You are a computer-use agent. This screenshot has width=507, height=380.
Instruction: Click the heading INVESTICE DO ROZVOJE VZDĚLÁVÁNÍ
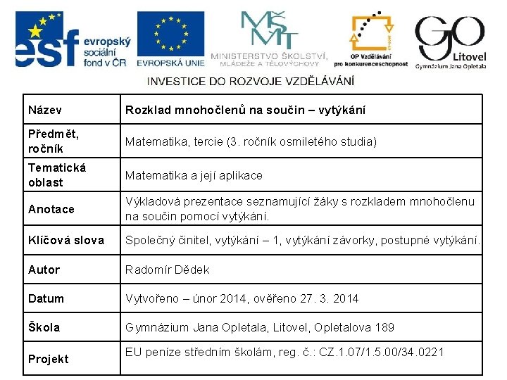pyautogui.click(x=251, y=81)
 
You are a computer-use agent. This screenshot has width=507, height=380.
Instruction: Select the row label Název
pyautogui.click(x=45, y=110)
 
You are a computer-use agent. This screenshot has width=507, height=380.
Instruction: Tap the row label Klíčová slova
pyautogui.click(x=65, y=241)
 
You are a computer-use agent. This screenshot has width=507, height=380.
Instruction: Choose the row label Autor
pyautogui.click(x=44, y=270)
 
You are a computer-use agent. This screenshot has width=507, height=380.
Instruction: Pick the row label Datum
pyautogui.click(x=46, y=298)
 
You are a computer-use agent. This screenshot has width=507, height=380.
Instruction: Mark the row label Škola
pyautogui.click(x=44, y=327)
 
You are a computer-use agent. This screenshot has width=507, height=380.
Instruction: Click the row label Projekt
pyautogui.click(x=48, y=359)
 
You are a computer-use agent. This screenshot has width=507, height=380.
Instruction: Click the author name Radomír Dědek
pyautogui.click(x=167, y=270)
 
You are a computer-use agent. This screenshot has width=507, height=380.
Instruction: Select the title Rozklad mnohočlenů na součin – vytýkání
pyautogui.click(x=245, y=110)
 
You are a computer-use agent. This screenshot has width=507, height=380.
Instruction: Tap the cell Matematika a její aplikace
pyautogui.click(x=194, y=175)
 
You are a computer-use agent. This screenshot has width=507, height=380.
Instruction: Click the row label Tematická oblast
pyautogui.click(x=56, y=175)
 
